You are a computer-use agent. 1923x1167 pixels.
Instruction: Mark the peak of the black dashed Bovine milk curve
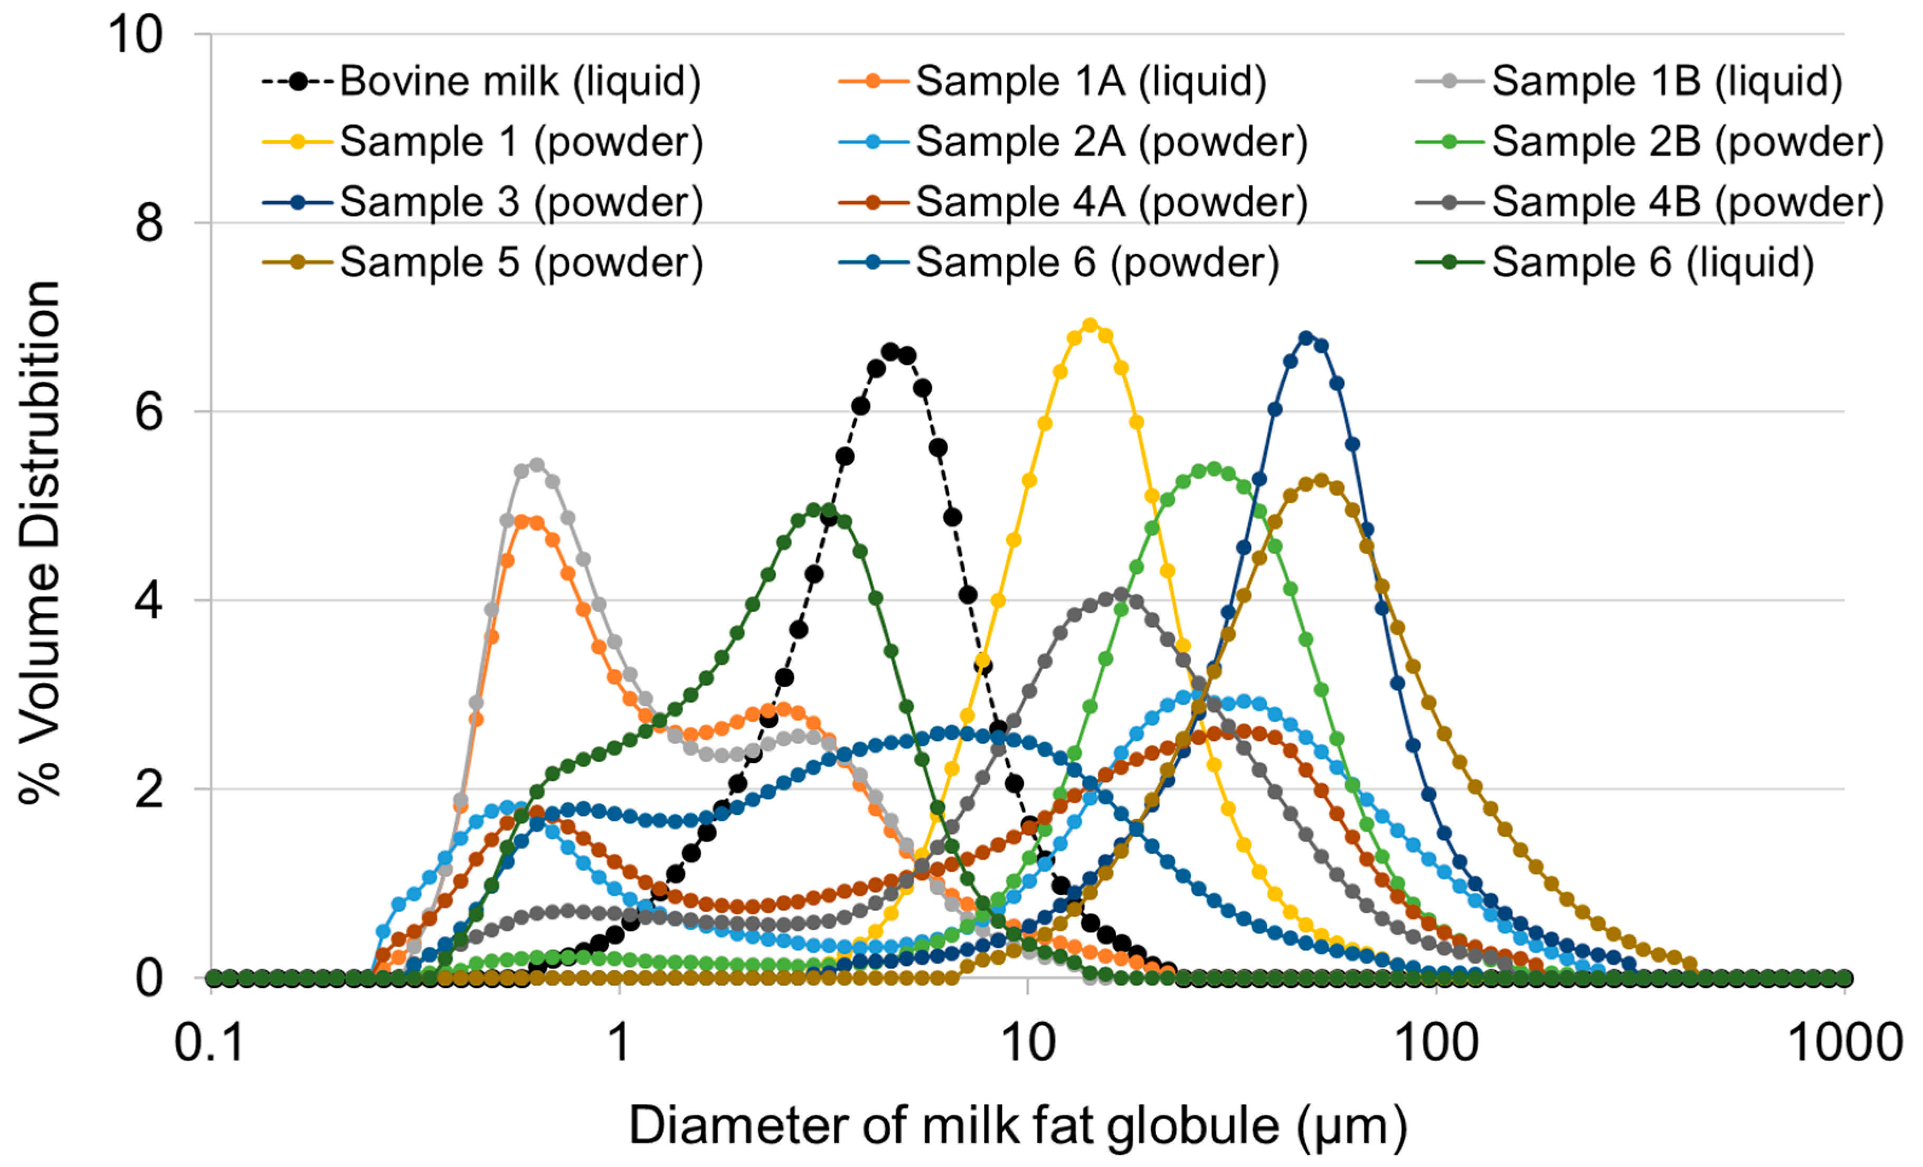click(x=891, y=351)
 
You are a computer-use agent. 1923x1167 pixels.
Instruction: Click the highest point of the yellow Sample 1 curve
click(x=1090, y=325)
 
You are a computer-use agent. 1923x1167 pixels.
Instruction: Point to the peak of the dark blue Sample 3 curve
click(x=1306, y=338)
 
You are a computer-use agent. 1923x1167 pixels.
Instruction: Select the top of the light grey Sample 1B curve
click(x=536, y=465)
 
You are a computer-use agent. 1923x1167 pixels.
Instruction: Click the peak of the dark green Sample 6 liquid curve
click(x=813, y=510)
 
